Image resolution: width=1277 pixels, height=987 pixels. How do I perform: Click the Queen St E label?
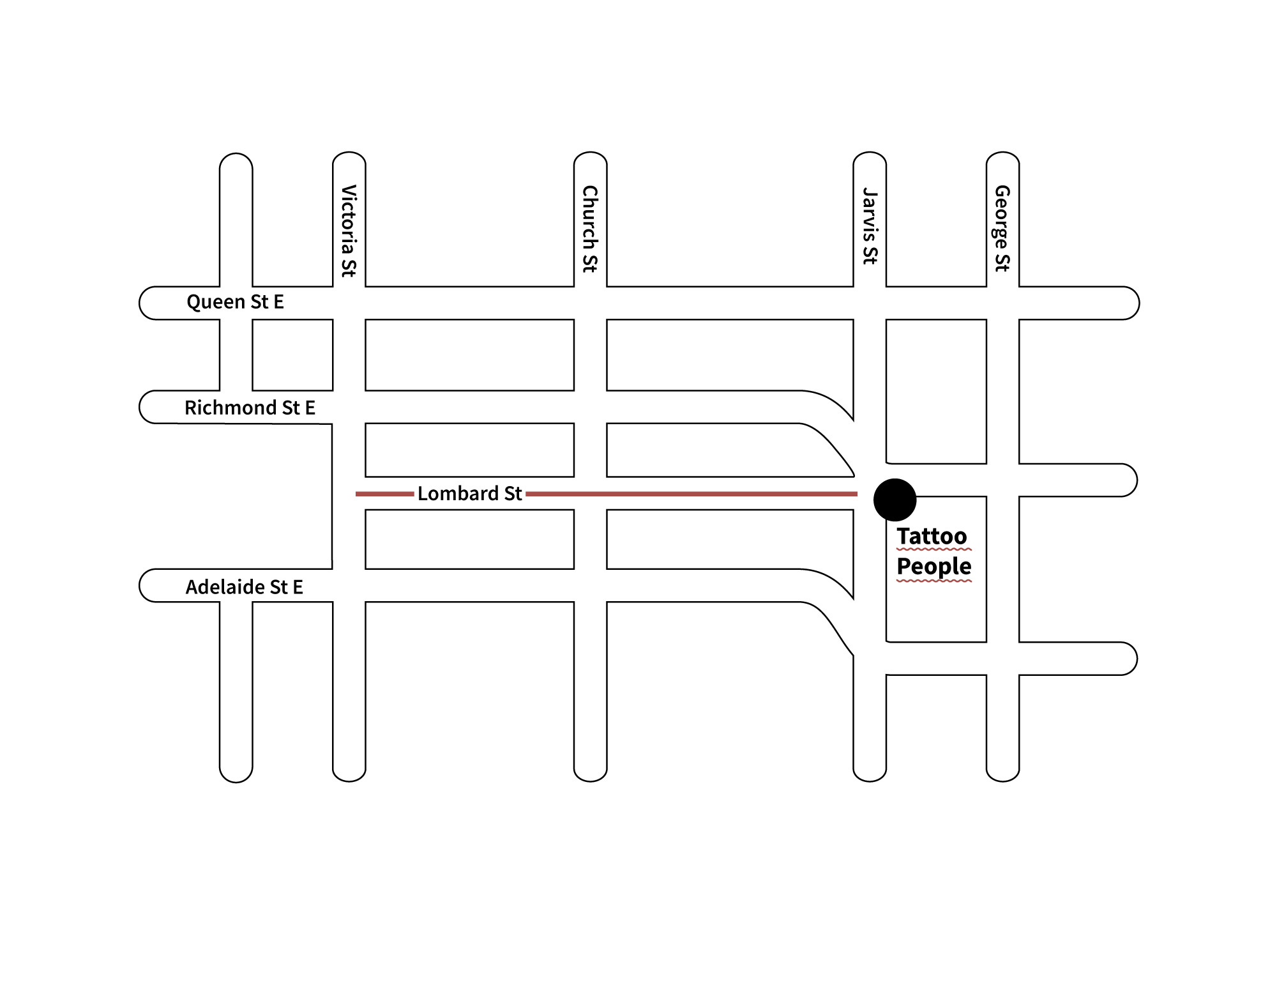click(235, 302)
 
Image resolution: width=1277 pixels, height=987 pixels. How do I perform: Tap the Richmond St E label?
click(250, 408)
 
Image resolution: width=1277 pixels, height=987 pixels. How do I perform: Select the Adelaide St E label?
click(244, 586)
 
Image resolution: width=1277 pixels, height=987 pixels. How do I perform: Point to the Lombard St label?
click(470, 493)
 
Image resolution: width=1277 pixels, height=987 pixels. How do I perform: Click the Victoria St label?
click(349, 231)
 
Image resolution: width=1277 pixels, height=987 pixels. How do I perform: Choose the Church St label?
click(590, 230)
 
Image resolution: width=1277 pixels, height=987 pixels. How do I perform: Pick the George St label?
click(1002, 229)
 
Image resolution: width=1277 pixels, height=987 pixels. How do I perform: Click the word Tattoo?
click(932, 536)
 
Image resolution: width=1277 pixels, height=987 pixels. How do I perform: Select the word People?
click(934, 566)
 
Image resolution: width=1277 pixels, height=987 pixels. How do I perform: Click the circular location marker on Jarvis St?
click(895, 499)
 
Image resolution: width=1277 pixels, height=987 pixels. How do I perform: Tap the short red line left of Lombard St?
click(384, 494)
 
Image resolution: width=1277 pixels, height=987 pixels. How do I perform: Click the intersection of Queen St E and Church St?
click(590, 303)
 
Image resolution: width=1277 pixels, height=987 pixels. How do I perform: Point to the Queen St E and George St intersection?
click(1002, 303)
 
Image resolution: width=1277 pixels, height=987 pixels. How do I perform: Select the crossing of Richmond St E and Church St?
click(590, 406)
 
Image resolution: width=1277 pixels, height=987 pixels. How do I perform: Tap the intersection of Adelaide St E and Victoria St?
click(349, 585)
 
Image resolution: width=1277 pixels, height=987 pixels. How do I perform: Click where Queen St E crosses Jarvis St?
click(870, 303)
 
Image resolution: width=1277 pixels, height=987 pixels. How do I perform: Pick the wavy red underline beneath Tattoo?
click(934, 548)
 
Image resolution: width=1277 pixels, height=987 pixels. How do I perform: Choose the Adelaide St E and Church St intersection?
click(590, 585)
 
